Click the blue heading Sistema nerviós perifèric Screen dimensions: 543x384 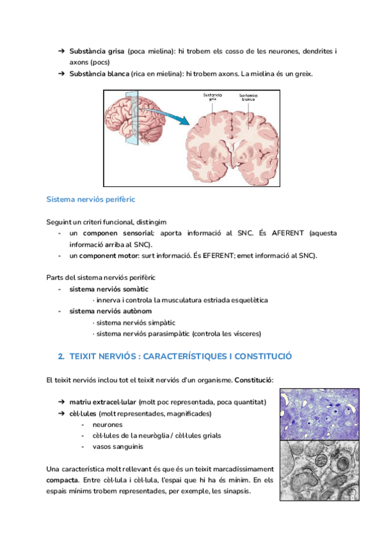[x=90, y=200]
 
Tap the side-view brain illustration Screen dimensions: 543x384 [x=132, y=125]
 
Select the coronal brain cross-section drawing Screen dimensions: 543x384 [x=231, y=145]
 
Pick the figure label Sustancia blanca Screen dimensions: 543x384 [x=249, y=98]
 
